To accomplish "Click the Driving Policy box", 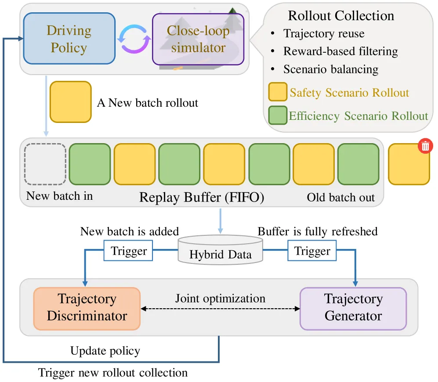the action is click(69, 39).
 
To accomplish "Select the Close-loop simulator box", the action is click(198, 39).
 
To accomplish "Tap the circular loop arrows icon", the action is click(134, 39).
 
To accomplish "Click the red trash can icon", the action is click(425, 146).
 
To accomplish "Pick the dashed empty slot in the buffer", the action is click(45, 164).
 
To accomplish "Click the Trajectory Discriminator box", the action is click(87, 309).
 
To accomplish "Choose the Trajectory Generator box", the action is click(353, 309).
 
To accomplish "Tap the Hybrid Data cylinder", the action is click(221, 250).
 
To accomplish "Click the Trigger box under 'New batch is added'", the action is click(128, 251).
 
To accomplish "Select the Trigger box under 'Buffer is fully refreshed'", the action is click(312, 251).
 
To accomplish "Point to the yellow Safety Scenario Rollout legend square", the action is click(278, 92).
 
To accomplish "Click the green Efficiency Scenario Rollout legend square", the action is click(278, 115).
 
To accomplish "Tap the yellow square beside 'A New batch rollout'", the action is click(71, 102).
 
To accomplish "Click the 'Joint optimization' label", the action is click(220, 299).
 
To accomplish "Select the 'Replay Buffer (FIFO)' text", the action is click(202, 198).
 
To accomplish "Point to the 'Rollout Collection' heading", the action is click(341, 16).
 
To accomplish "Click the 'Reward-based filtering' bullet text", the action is click(340, 51).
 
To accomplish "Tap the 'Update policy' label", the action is click(105, 351).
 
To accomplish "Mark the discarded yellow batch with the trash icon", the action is click(409, 164).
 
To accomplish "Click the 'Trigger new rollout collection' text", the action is click(113, 373).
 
